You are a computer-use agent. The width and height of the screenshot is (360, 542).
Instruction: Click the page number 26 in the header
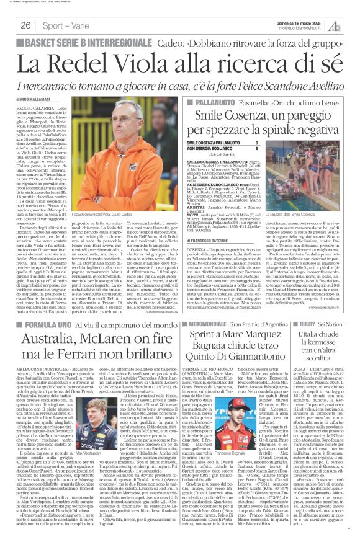click(x=26, y=25)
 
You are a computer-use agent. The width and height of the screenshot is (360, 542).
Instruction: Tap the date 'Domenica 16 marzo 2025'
click(x=306, y=22)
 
